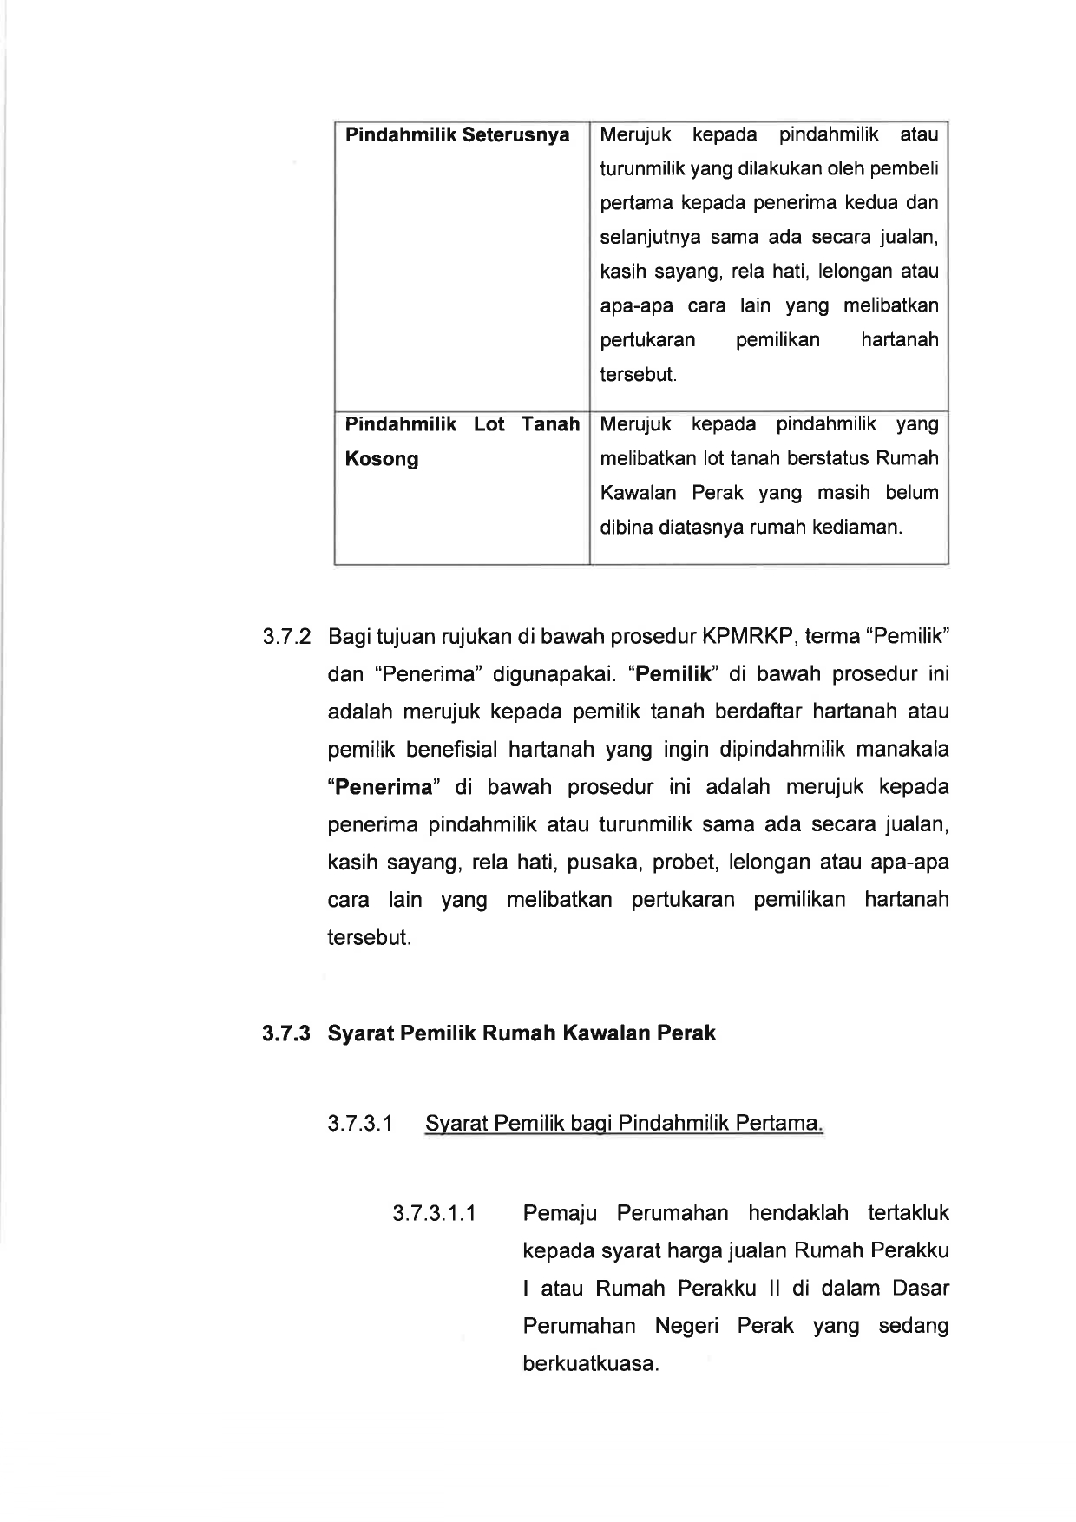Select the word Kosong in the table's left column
[x=382, y=459]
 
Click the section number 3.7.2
[x=286, y=637]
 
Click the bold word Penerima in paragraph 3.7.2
[x=384, y=788]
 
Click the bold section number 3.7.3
[x=286, y=1033]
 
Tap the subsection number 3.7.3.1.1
[x=434, y=1213]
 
